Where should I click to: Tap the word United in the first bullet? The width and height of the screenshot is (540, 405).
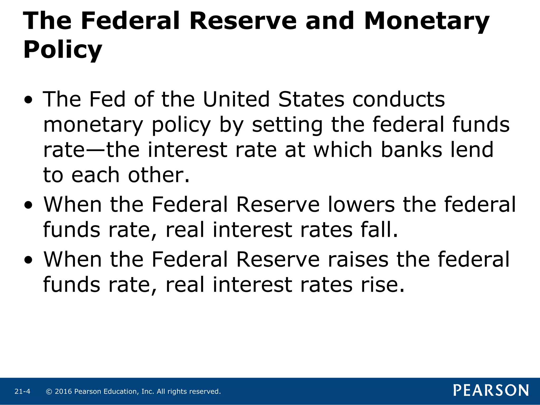click(236, 99)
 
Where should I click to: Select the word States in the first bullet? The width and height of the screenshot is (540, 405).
click(311, 99)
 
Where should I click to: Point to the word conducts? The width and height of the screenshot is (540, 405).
click(399, 99)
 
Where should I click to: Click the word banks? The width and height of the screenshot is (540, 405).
click(411, 150)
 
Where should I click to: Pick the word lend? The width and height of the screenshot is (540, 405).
click(472, 150)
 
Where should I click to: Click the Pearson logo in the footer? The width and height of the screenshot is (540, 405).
click(491, 390)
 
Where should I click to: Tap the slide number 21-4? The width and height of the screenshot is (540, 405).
click(22, 392)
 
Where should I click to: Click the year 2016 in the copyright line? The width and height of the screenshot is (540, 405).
click(63, 392)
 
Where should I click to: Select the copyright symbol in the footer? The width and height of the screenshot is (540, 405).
click(49, 392)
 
